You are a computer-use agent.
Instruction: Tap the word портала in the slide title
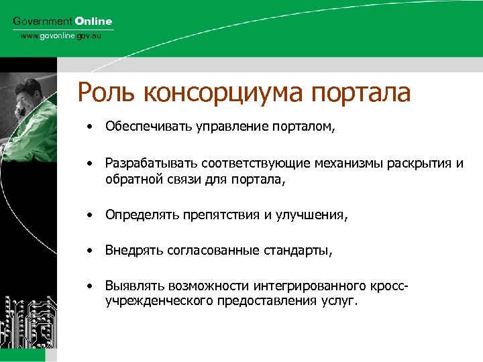point(368,93)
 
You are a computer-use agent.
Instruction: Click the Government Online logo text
point(63,21)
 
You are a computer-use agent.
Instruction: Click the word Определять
point(136,215)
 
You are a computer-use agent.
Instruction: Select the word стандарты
point(297,251)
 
